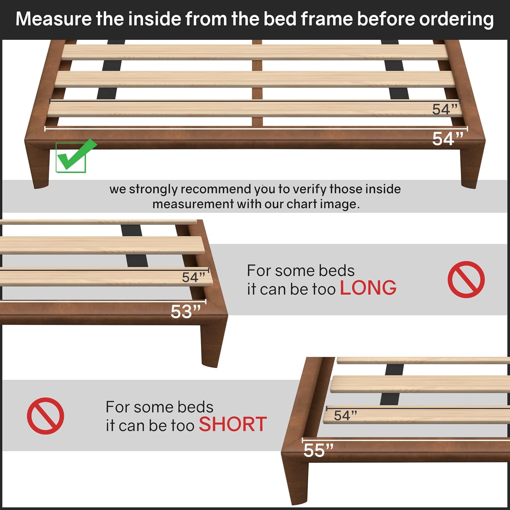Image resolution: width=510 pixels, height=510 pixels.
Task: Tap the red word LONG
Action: click(368, 288)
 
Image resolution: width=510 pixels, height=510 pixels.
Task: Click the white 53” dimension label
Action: click(186, 311)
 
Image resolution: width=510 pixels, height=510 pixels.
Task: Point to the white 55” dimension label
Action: click(318, 450)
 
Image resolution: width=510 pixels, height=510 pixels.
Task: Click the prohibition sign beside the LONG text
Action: click(466, 279)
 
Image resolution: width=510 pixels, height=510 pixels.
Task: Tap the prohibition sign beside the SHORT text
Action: click(45, 415)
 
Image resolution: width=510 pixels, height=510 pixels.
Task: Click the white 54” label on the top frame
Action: click(447, 139)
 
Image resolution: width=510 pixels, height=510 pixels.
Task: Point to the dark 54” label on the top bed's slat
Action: click(444, 109)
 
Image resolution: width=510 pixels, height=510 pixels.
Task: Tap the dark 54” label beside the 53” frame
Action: click(193, 277)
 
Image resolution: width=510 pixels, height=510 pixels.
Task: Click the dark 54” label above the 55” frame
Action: click(345, 415)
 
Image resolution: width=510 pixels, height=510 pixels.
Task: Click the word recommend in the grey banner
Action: click(216, 189)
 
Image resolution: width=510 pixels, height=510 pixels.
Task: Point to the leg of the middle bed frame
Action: click(212, 343)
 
